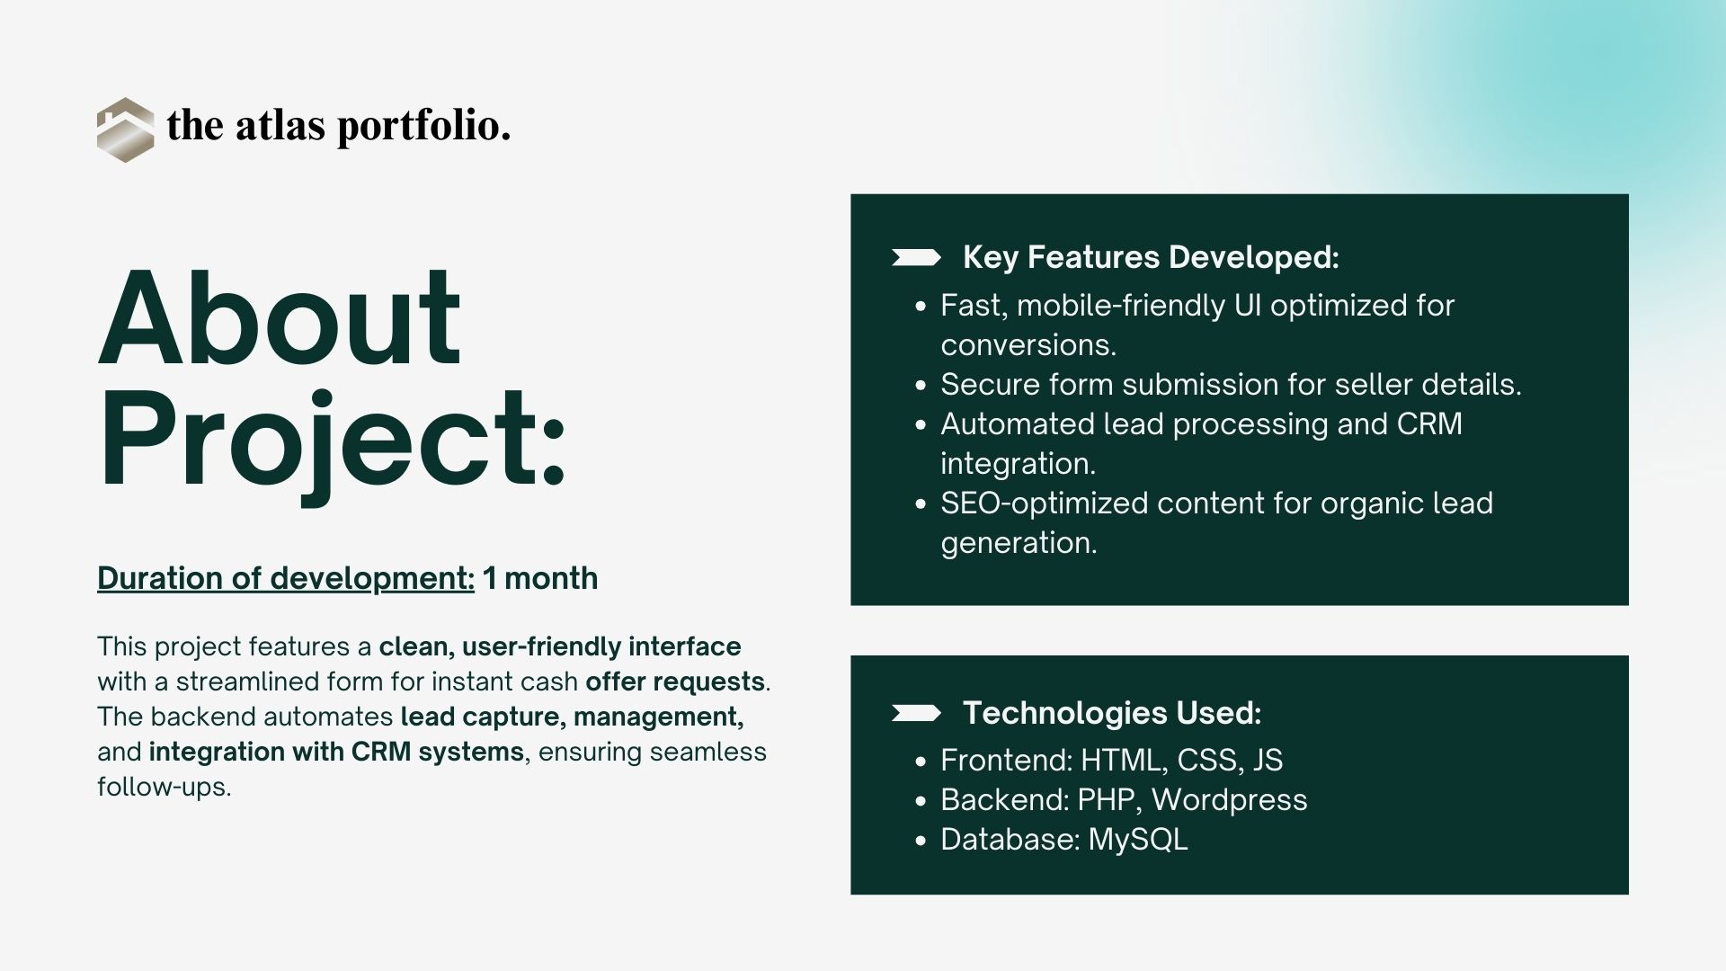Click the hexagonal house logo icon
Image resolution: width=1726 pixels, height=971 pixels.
[125, 129]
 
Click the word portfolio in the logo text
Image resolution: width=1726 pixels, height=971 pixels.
[423, 127]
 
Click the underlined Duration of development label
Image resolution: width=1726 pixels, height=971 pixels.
[286, 578]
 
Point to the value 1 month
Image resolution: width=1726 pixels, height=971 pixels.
[540, 578]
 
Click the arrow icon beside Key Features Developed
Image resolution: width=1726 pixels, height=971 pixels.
[916, 258]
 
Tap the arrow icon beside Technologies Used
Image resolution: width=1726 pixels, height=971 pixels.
[916, 714]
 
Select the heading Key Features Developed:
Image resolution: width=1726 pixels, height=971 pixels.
[1151, 258]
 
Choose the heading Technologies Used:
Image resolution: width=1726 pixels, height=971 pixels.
[1112, 714]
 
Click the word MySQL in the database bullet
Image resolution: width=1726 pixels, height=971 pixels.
[1138, 840]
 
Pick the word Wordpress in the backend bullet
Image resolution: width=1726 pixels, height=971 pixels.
[1229, 800]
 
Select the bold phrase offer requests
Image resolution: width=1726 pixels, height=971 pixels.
[675, 682]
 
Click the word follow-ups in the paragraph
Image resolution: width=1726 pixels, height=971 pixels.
[162, 788]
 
